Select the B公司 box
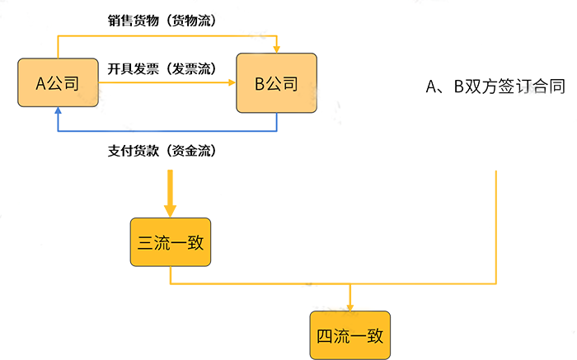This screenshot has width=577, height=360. coord(276,82)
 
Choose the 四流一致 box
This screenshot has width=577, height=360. coord(349,335)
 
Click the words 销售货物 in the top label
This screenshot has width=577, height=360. coord(134,21)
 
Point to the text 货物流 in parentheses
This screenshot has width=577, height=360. coord(191,21)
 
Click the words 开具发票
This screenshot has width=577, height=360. coord(134,69)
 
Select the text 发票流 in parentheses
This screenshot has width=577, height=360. coord(191,69)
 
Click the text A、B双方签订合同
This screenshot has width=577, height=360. coord(495,86)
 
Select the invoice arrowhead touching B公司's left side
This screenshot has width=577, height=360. coord(232,82)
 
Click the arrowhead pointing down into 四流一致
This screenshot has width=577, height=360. coord(350,307)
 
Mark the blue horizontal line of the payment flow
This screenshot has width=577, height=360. coord(165,132)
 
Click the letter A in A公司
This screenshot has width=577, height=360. coord(40,82)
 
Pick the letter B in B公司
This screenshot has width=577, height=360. coord(259,82)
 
